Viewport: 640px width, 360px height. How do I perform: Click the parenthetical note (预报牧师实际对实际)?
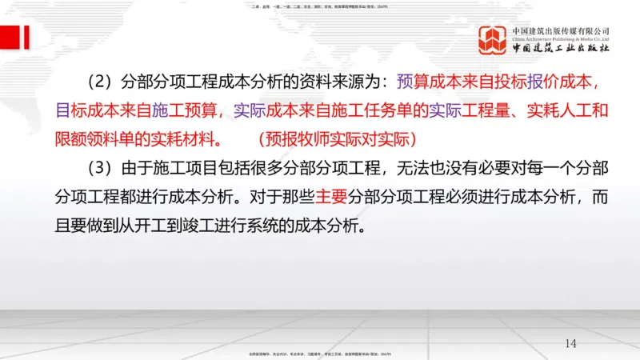[337, 138]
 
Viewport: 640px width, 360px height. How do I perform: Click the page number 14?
[570, 343]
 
